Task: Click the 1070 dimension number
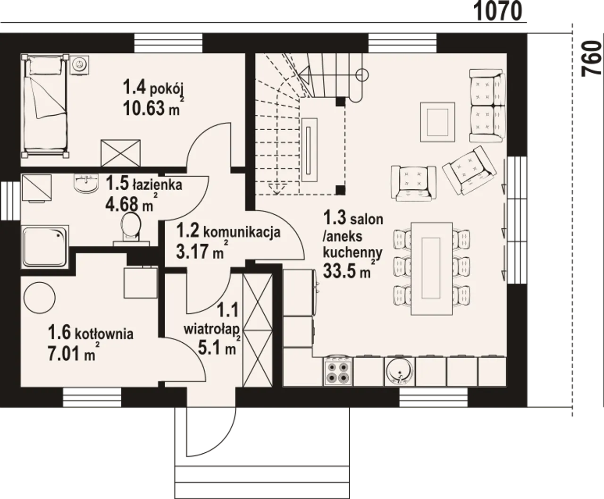498,11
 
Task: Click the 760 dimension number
592,59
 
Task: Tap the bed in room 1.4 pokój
46,106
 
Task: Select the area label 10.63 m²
154,108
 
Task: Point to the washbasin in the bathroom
86,183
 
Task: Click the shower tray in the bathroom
45,246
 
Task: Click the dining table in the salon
431,268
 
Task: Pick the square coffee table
437,122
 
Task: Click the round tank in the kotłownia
39,298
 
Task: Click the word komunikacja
242,232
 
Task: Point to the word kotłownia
104,334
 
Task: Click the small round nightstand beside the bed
80,64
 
